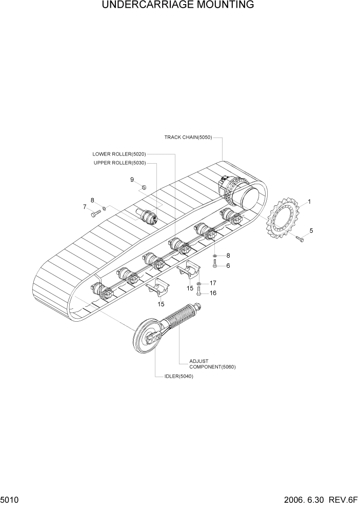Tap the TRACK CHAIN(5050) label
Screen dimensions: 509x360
coord(188,138)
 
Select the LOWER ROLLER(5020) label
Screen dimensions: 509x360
coord(119,154)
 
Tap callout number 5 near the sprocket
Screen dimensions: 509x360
coord(311,230)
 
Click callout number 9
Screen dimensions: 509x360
coord(132,180)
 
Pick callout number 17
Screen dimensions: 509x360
coord(212,283)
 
